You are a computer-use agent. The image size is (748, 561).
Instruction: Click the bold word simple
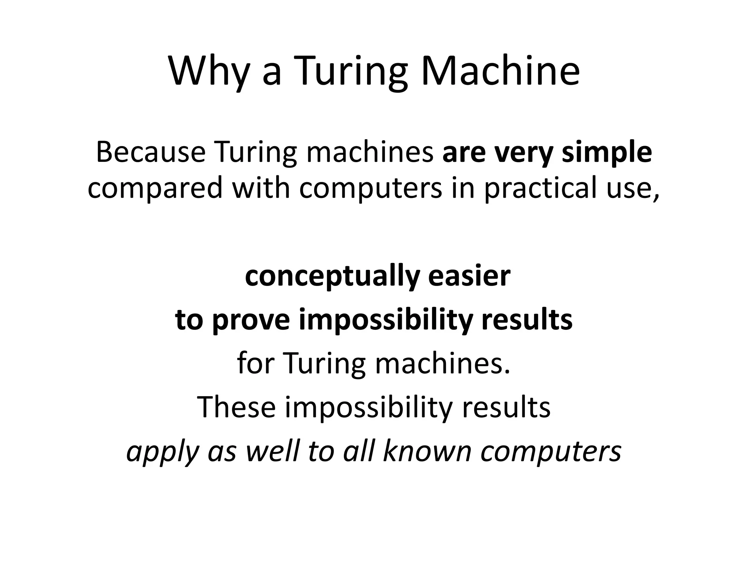pyautogui.click(x=607, y=153)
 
